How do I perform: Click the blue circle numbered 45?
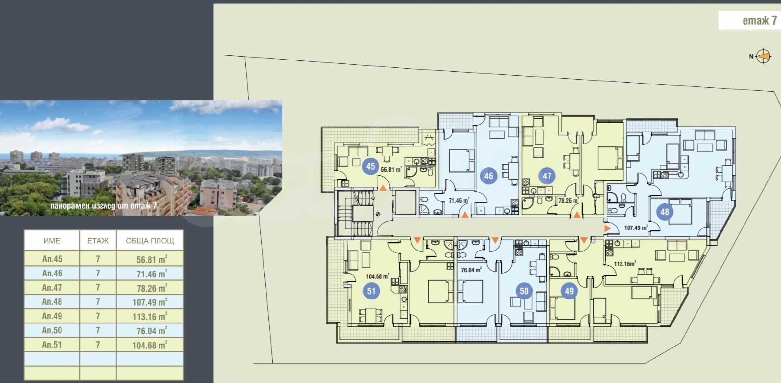[371, 166]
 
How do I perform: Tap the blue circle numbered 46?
[489, 176]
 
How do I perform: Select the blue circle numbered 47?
[547, 176]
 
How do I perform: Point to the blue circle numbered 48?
[665, 212]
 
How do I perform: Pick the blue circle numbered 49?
[569, 291]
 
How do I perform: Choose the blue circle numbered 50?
[524, 291]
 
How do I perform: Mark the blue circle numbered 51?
[371, 291]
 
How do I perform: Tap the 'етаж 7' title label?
[760, 21]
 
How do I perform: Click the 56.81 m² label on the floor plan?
[391, 170]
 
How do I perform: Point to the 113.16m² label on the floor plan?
[625, 264]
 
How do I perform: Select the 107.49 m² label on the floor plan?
[636, 227]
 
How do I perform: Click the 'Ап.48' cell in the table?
[52, 301]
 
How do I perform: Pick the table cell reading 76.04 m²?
[150, 330]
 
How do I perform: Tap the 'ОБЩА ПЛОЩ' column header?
[150, 241]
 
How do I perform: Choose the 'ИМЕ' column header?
[52, 241]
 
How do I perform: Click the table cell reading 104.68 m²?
[150, 345]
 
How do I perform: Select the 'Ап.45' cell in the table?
[52, 259]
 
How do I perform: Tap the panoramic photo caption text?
[104, 206]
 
